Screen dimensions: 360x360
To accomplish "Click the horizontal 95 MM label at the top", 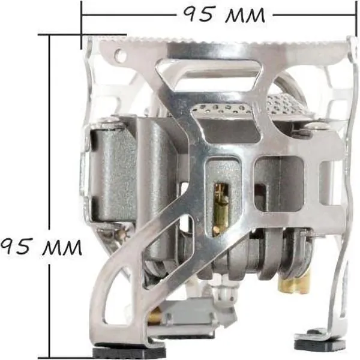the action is pyautogui.click(x=224, y=14).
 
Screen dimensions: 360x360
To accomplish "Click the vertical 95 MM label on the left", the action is pyautogui.click(x=41, y=247).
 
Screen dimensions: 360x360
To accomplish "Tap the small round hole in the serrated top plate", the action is pyautogui.click(x=120, y=53).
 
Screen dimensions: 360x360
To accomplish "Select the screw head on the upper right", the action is pyautogui.click(x=316, y=126).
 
